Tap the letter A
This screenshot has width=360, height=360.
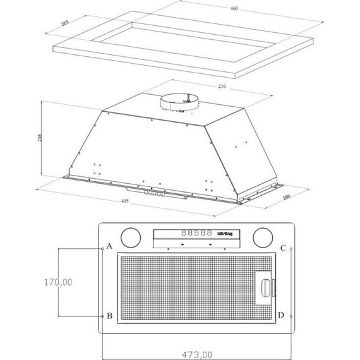(109, 245)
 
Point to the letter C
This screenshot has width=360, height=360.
(283, 247)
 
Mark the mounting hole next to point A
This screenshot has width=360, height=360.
(102, 248)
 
